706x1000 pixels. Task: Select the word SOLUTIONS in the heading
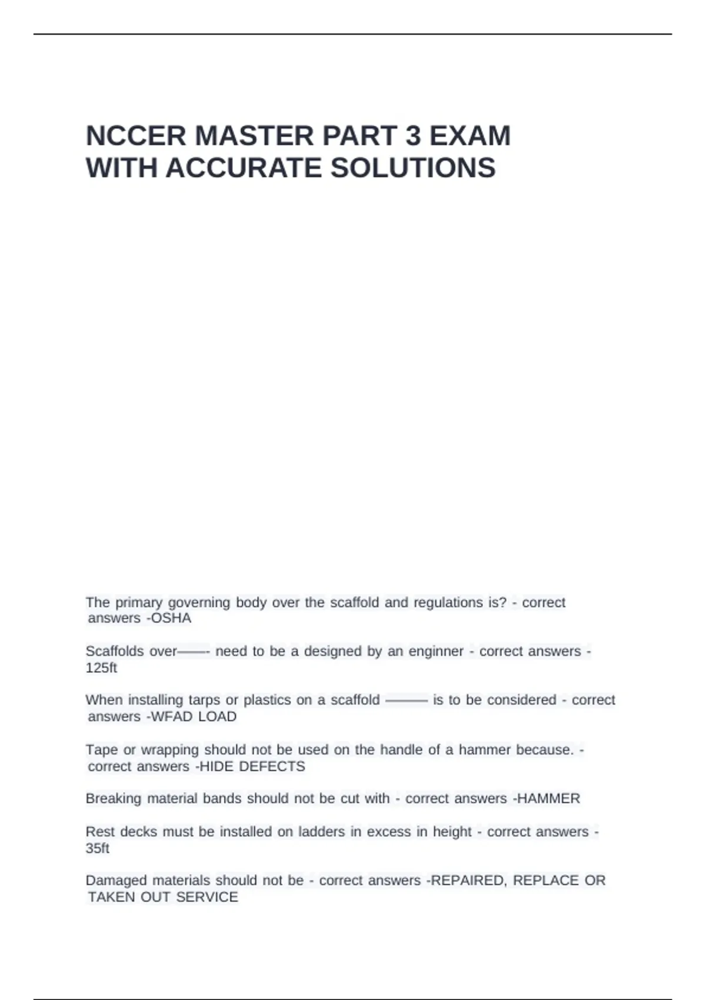pos(413,168)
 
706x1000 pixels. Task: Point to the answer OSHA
pos(171,618)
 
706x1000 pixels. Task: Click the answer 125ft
pos(101,668)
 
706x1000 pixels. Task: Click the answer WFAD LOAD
pos(194,716)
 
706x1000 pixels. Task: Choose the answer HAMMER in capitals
pos(548,798)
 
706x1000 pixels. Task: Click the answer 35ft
pos(98,848)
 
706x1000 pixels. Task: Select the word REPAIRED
pos(468,881)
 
